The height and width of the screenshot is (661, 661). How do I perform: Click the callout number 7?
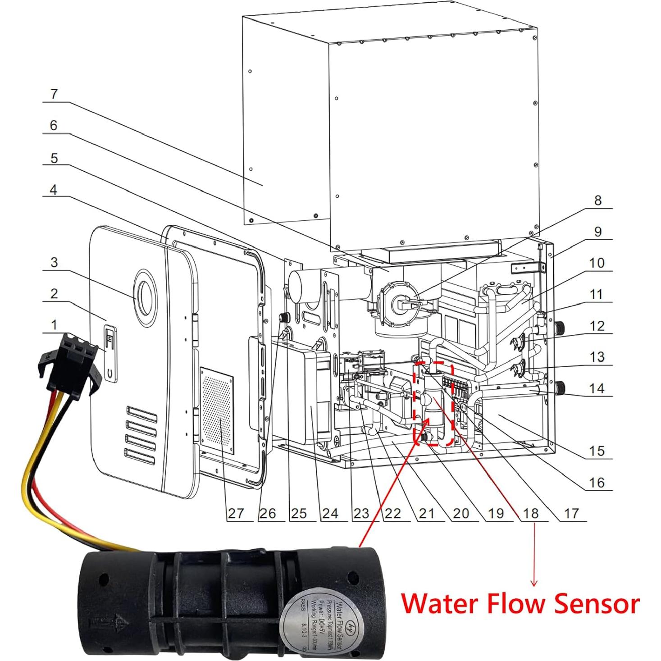[x=54, y=95]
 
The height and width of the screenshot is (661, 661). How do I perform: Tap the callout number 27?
[x=236, y=513]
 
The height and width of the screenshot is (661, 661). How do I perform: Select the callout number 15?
[x=597, y=451]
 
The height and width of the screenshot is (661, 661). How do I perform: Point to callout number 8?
[x=597, y=200]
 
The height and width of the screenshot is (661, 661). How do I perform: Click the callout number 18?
[x=530, y=513]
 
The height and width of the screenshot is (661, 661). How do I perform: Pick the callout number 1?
[x=54, y=325]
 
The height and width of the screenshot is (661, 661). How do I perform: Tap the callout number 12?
[x=597, y=325]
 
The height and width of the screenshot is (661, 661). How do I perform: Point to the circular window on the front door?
[x=145, y=298]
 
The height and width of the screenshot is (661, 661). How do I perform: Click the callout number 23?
[x=361, y=513]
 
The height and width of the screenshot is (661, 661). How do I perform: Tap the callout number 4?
[x=53, y=190]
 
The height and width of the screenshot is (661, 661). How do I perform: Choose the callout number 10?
[x=597, y=263]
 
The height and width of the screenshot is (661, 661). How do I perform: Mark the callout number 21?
[x=426, y=513]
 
